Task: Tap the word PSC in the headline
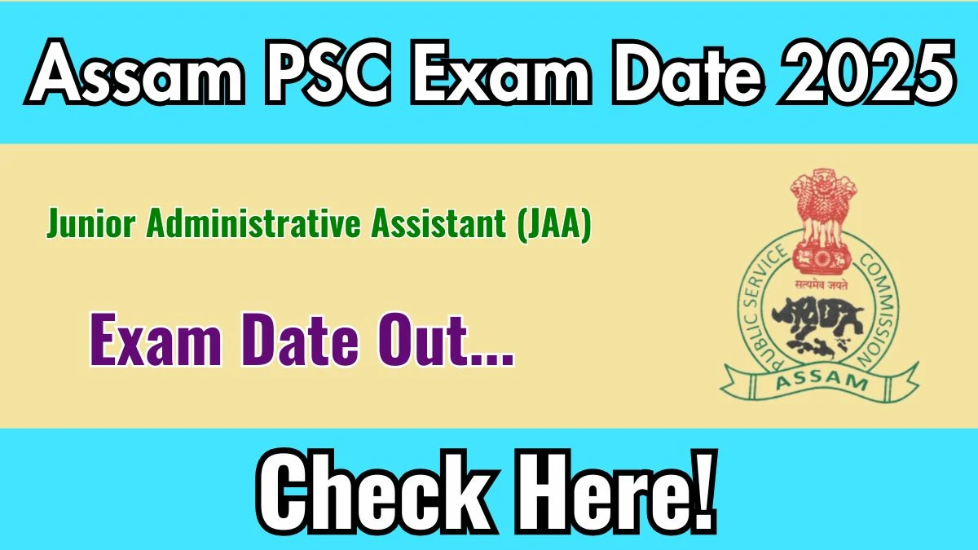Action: pyautogui.click(x=327, y=72)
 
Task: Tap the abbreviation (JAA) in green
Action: pyautogui.click(x=554, y=224)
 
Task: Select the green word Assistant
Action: pyautogui.click(x=438, y=223)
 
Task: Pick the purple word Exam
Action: pyautogui.click(x=156, y=341)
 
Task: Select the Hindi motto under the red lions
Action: pyautogui.click(x=822, y=285)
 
